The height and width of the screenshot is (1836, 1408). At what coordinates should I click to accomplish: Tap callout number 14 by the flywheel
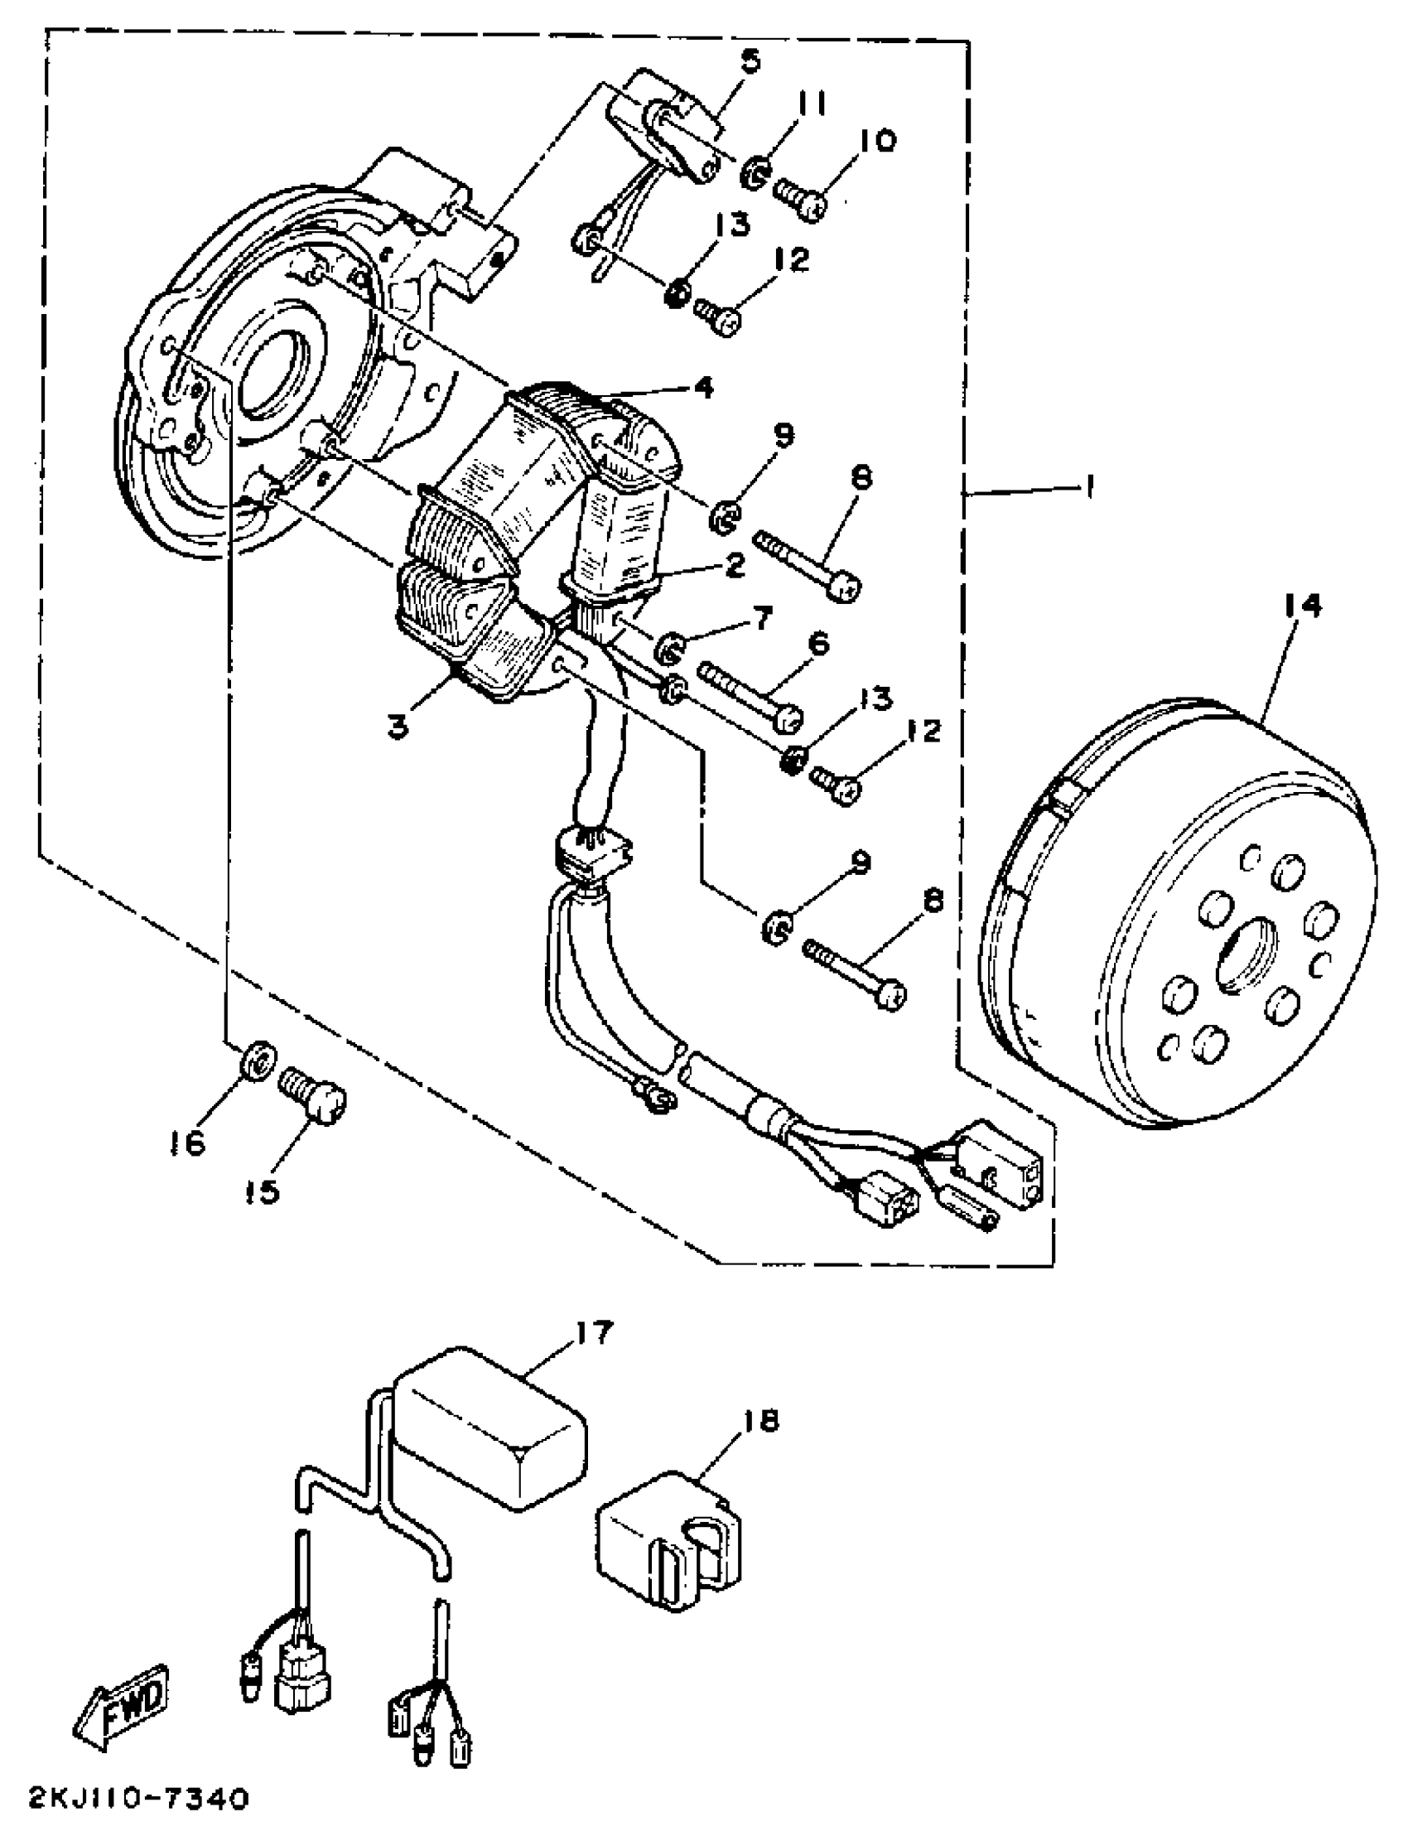1301,606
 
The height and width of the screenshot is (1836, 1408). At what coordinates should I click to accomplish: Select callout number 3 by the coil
399,726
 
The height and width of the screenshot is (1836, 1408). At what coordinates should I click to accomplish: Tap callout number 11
811,104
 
